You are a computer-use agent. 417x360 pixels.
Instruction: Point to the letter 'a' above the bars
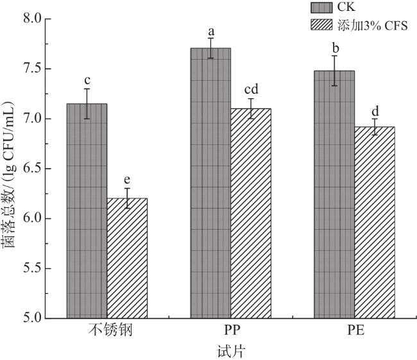click(210, 31)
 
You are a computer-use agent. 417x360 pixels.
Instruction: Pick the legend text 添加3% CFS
click(371, 25)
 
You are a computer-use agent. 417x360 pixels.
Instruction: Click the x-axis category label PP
click(231, 332)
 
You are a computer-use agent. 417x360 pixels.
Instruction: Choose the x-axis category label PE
click(354, 332)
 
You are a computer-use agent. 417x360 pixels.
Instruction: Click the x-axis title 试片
click(231, 351)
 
